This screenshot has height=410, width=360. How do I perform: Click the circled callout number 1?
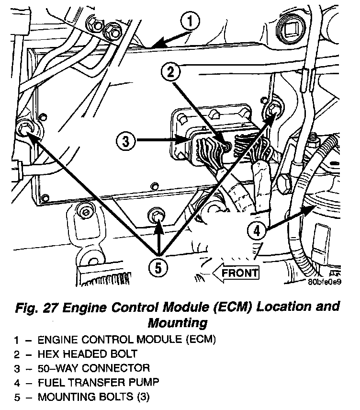pyautogui.click(x=191, y=22)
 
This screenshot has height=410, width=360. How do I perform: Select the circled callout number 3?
pyautogui.click(x=126, y=141)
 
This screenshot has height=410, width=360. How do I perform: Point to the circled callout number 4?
pyautogui.click(x=257, y=231)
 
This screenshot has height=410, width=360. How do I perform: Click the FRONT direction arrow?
pyautogui.click(x=236, y=273)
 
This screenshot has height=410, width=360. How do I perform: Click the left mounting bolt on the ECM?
pyautogui.click(x=25, y=129)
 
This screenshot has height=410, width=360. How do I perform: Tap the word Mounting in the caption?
pyautogui.click(x=178, y=322)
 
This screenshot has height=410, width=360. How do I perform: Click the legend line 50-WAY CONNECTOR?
pyautogui.click(x=93, y=368)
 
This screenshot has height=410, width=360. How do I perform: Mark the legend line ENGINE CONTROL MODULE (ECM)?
pyautogui.click(x=127, y=340)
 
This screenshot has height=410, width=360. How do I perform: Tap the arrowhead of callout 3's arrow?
pyautogui.click(x=182, y=141)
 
